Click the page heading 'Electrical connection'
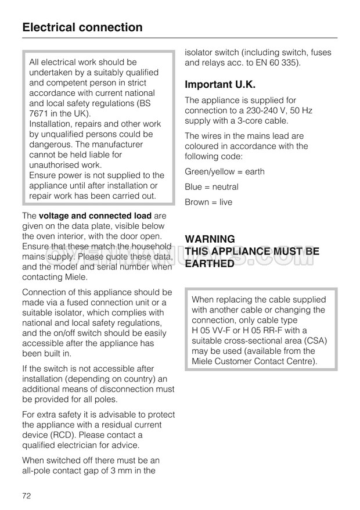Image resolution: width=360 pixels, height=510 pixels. pyautogui.click(x=82, y=27)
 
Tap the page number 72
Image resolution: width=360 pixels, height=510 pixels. pyautogui.click(x=27, y=495)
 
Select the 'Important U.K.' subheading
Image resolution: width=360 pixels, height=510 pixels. pyautogui.click(x=220, y=84)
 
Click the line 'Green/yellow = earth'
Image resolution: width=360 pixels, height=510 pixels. pyautogui.click(x=224, y=171)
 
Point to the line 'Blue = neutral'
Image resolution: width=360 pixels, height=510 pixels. pyautogui.click(x=211, y=187)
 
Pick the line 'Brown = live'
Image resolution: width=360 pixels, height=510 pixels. pyautogui.click(x=208, y=202)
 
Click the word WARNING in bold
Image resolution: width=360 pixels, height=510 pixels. pyautogui.click(x=210, y=239)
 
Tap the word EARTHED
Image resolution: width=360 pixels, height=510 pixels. pyautogui.click(x=210, y=263)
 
